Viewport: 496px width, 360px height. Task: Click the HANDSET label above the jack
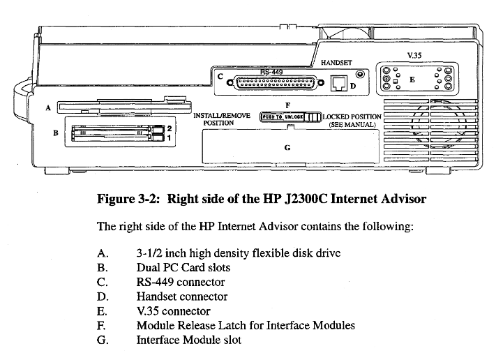click(336, 63)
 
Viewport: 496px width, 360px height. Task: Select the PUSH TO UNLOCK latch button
click(281, 117)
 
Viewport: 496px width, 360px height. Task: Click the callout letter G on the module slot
click(287, 147)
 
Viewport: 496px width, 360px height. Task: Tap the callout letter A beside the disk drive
click(46, 108)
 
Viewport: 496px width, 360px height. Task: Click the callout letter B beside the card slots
click(55, 133)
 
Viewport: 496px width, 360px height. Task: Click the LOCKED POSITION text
click(352, 117)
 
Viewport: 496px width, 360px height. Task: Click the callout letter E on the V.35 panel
click(412, 80)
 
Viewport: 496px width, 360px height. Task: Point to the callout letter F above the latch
click(287, 105)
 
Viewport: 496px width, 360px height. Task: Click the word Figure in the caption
click(120, 199)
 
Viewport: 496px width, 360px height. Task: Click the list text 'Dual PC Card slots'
click(183, 267)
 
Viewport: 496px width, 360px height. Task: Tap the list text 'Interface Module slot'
click(188, 340)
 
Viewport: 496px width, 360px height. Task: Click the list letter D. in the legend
click(102, 297)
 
